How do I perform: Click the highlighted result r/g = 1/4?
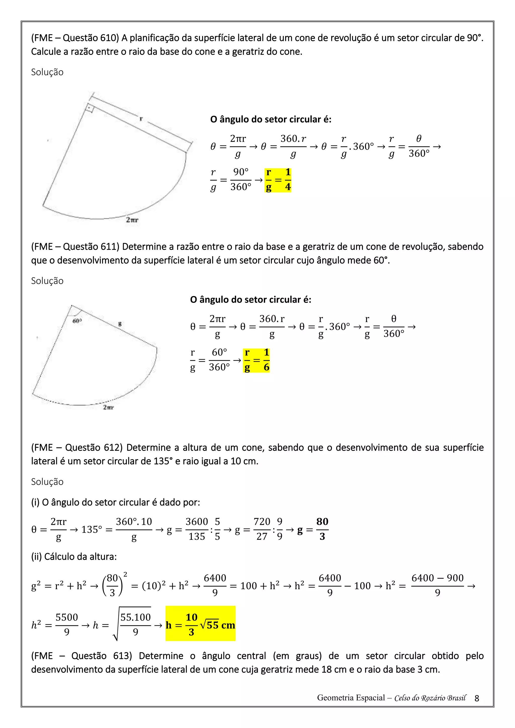pos(278,180)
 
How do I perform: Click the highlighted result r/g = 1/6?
pos(256,360)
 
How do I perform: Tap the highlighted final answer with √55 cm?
pos(200,624)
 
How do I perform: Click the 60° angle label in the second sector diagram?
pos(77,321)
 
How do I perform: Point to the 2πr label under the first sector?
pos(132,220)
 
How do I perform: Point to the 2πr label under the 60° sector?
pos(108,407)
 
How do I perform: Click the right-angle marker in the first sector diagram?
pos(90,108)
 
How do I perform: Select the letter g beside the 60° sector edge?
pos(120,324)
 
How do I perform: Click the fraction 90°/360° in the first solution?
pos(241,179)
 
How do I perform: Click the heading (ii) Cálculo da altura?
pos(74,557)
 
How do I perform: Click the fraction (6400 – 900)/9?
pos(437,585)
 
